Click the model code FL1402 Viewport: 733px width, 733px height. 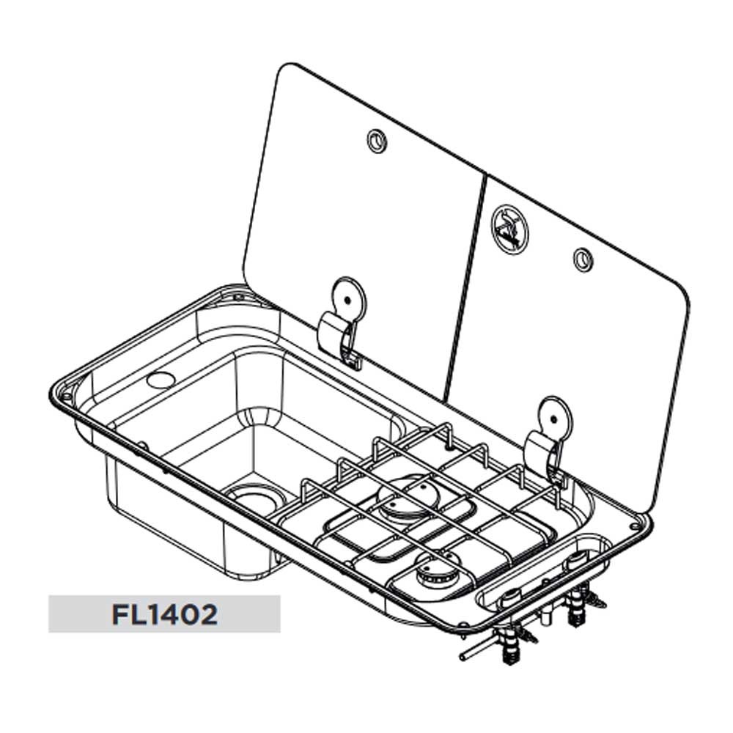(164, 615)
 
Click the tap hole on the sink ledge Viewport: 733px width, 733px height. (161, 380)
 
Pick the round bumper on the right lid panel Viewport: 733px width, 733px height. (583, 259)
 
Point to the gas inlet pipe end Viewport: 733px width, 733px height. (463, 656)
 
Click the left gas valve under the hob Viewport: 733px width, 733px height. (509, 647)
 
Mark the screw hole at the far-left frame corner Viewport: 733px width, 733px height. (67, 397)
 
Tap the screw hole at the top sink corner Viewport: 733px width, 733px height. (239, 296)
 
